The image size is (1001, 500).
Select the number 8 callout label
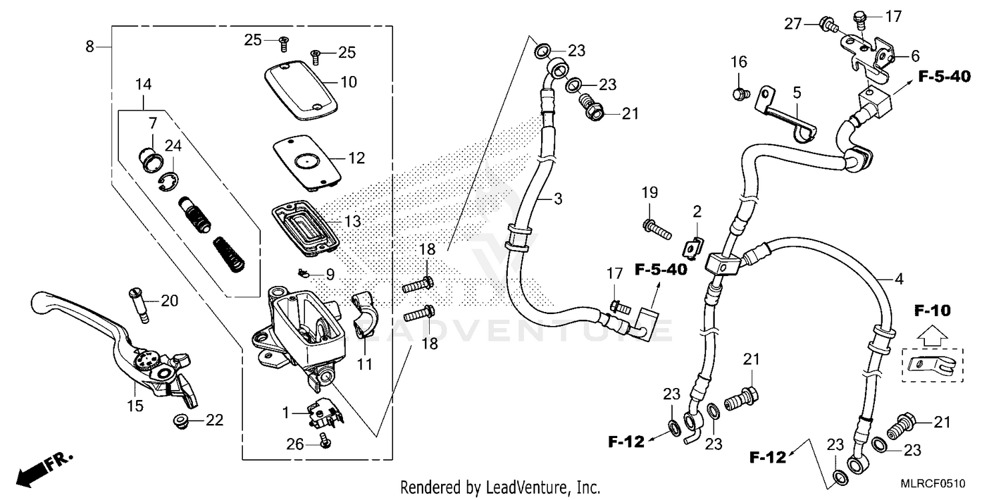pyautogui.click(x=89, y=46)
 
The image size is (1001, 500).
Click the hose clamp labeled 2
pyautogui.click(x=693, y=247)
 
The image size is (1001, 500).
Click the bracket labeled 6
pyautogui.click(x=868, y=53)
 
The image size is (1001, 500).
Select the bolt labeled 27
pyautogui.click(x=827, y=26)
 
